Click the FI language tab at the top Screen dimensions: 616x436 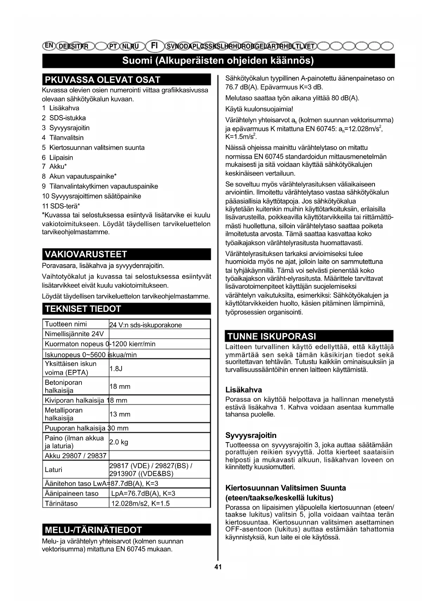click(x=154, y=46)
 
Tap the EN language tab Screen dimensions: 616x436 click(x=49, y=45)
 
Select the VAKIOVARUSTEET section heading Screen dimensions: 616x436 click(x=86, y=254)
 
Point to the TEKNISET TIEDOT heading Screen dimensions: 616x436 click(x=83, y=309)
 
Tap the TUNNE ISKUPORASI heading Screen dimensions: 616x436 click(x=272, y=336)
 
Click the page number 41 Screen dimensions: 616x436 click(x=218, y=566)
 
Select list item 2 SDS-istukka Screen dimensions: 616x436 click(x=64, y=118)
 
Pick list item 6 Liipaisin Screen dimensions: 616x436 click(x=58, y=158)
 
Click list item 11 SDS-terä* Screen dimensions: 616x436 click(x=61, y=206)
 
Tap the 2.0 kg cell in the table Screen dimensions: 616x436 click(x=119, y=442)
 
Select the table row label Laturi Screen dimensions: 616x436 click(x=53, y=470)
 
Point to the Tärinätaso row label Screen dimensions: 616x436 click(x=61, y=503)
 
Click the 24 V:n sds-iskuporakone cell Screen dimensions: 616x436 click(x=145, y=325)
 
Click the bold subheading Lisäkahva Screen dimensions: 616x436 click(x=243, y=389)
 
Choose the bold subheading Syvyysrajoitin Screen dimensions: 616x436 click(x=251, y=435)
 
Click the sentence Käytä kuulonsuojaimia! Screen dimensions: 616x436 click(x=259, y=109)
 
